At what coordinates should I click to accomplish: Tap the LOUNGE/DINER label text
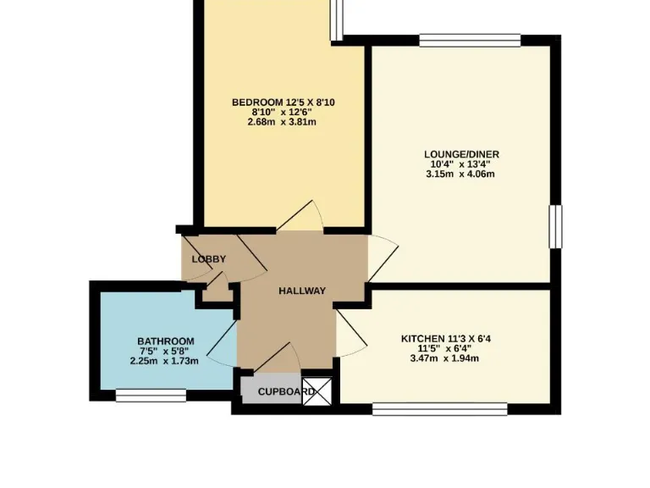point(461,154)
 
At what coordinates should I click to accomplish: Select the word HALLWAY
point(302,291)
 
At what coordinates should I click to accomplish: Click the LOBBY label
point(207,258)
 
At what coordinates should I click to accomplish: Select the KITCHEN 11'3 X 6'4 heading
point(446,338)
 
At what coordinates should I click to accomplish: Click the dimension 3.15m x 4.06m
point(461,175)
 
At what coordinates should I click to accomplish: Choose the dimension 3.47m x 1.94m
point(444,358)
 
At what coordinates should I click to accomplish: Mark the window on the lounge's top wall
point(469,39)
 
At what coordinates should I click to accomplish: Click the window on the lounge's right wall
point(555,226)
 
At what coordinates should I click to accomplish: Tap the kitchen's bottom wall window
point(439,409)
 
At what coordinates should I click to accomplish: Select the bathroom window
point(151,395)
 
